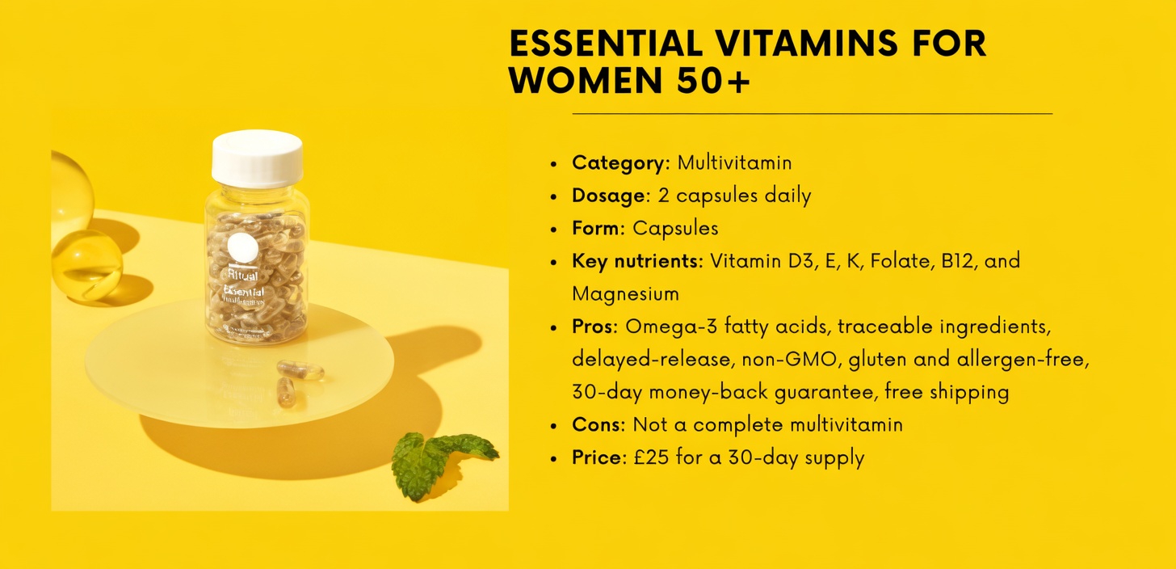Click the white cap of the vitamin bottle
click(x=257, y=158)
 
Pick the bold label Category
click(x=617, y=162)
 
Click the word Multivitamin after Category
click(x=734, y=162)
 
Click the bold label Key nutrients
click(x=636, y=261)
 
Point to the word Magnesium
click(x=625, y=293)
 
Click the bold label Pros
click(x=594, y=327)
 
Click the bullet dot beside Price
click(x=554, y=458)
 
